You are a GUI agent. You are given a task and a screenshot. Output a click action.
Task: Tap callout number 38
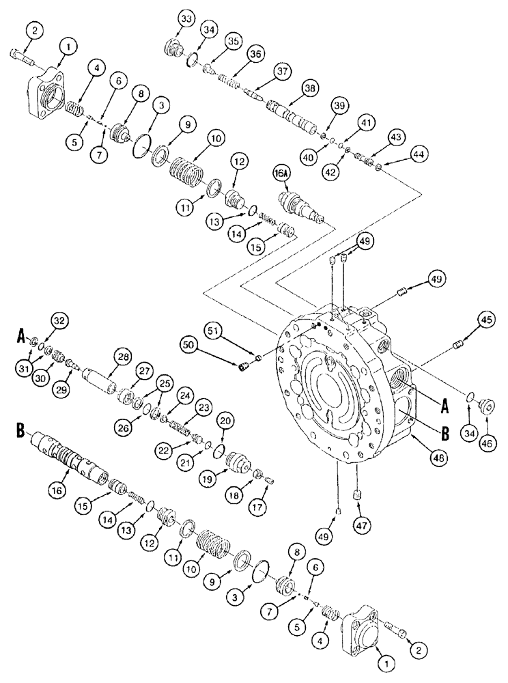[x=311, y=89]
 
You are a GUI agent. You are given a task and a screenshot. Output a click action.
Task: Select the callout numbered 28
[x=123, y=357]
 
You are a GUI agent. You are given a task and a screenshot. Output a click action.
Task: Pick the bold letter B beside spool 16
[x=22, y=432]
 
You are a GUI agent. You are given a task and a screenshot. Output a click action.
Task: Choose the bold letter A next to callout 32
[x=22, y=336]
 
